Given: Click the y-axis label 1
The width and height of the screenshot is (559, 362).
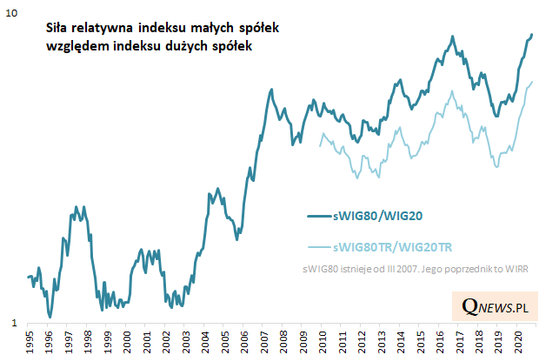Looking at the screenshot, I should point(12,323).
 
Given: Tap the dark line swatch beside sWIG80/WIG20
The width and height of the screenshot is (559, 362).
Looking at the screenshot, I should point(320,214).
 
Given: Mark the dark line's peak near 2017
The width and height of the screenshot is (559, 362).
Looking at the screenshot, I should point(453,37).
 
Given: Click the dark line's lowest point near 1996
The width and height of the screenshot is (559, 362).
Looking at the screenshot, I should point(50,317).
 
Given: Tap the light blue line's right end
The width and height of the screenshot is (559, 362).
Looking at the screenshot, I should point(532,82).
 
